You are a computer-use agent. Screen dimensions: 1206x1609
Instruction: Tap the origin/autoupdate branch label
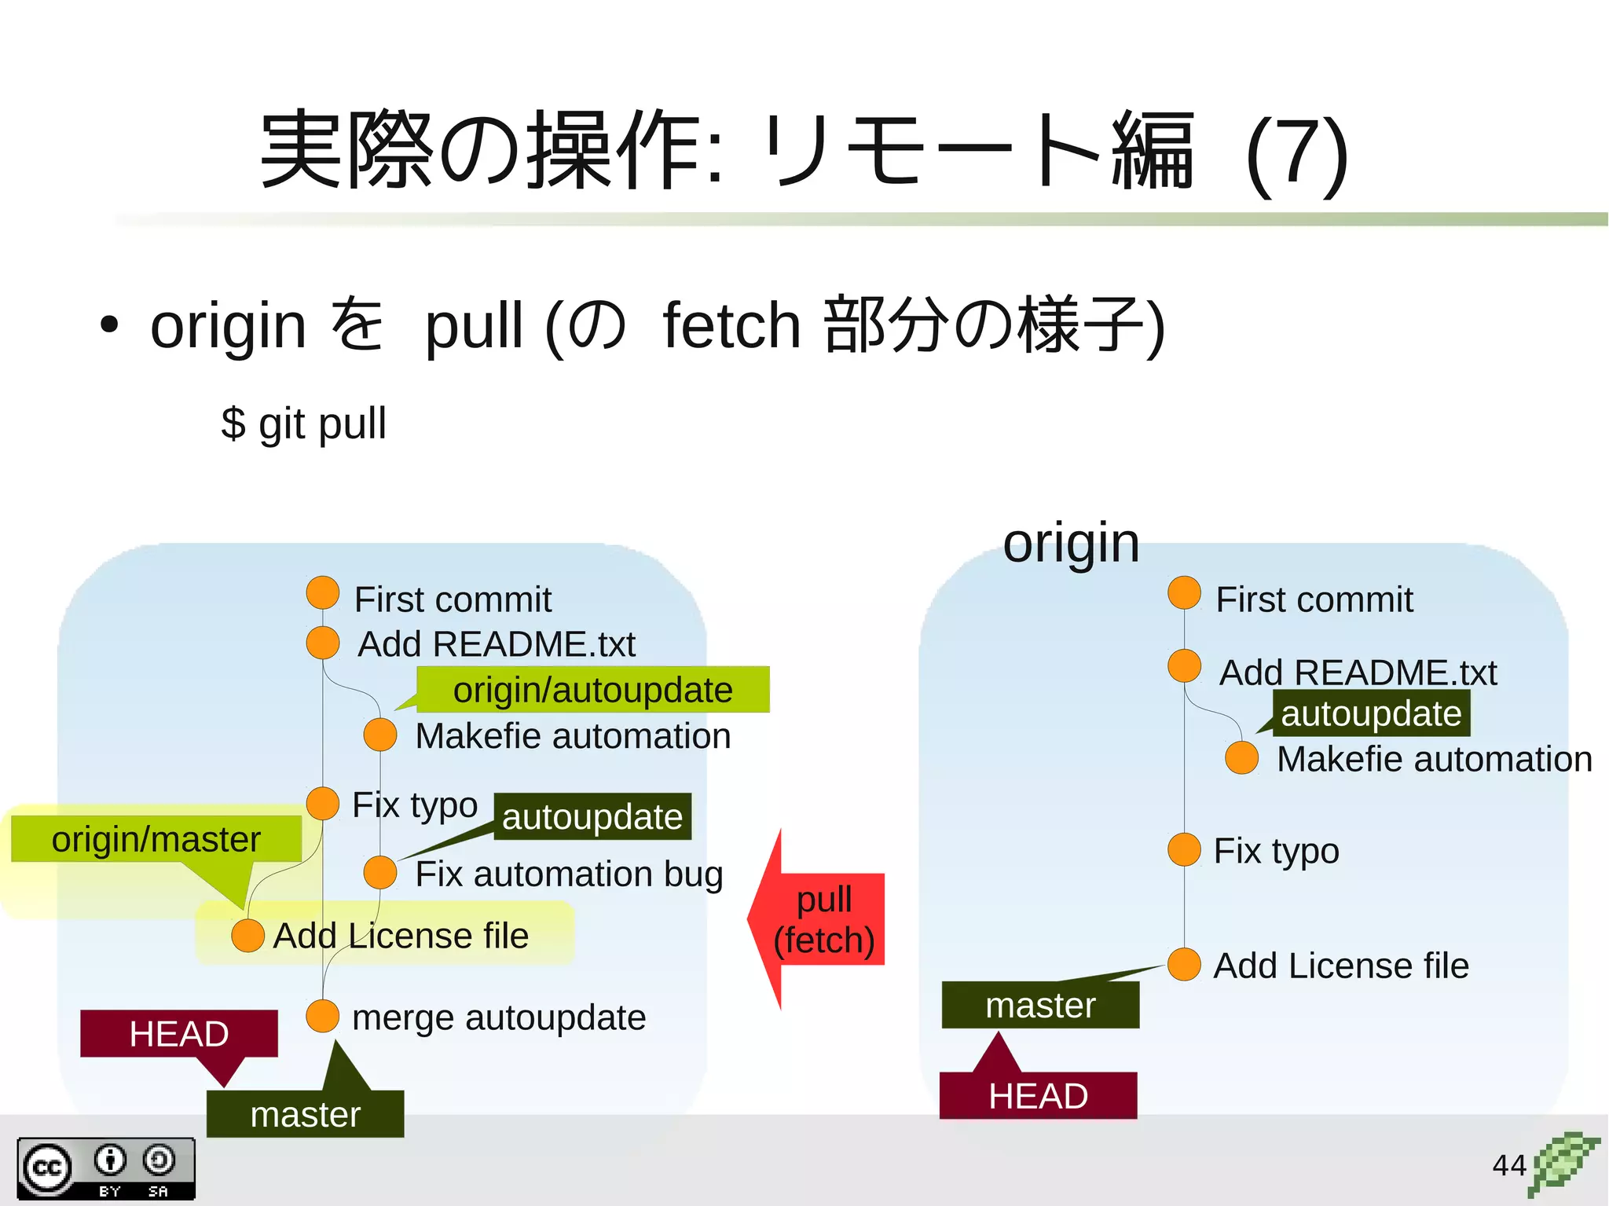click(592, 690)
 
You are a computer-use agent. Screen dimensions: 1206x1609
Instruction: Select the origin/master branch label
click(156, 839)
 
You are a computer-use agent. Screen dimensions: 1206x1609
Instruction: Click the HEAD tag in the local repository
click(179, 1033)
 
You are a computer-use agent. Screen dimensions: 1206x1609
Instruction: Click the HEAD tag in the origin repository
click(1038, 1095)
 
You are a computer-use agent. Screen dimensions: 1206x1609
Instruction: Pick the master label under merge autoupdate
click(306, 1113)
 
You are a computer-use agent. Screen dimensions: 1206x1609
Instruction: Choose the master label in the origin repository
click(1040, 1005)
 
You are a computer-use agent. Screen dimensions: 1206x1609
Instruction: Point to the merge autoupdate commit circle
click(322, 1016)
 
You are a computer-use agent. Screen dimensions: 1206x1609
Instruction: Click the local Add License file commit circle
click(247, 936)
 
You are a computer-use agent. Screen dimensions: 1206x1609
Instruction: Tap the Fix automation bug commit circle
click(380, 873)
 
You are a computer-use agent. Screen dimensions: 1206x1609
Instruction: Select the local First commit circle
click(322, 592)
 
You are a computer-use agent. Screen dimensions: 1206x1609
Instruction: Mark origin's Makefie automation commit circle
click(1241, 758)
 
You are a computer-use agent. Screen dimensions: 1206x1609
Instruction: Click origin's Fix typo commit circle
click(1184, 849)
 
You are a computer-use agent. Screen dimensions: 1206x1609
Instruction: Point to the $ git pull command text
click(304, 423)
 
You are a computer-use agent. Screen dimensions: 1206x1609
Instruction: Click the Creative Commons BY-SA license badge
click(106, 1168)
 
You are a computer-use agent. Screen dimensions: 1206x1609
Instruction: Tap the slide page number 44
click(1508, 1165)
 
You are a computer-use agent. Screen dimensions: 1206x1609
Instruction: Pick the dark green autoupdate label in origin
click(1371, 713)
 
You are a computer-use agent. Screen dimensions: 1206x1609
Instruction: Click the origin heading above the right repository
click(1071, 543)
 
